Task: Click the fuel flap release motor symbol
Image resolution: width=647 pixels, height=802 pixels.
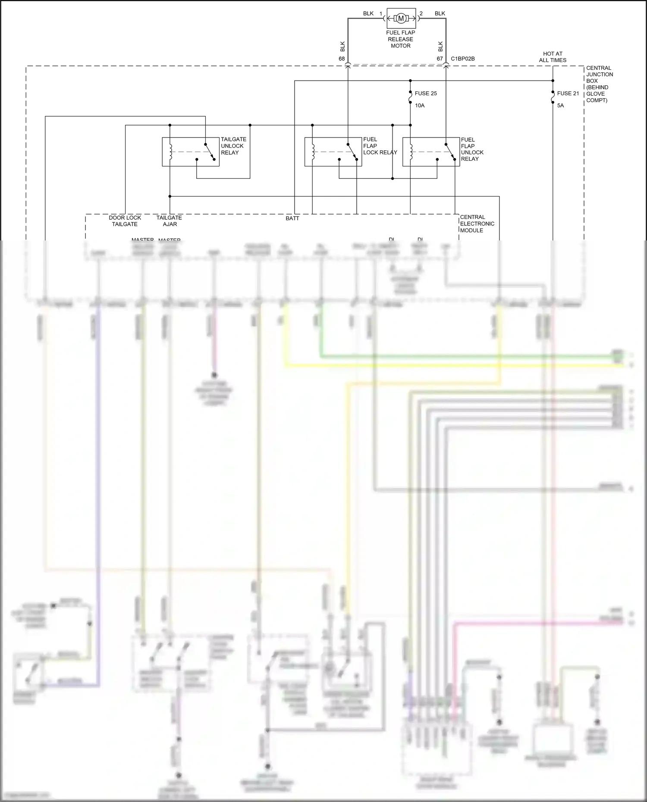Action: click(x=401, y=18)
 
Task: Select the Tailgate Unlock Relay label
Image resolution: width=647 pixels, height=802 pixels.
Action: click(x=233, y=146)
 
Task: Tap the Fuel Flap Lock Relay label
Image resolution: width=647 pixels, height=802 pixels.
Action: click(x=380, y=146)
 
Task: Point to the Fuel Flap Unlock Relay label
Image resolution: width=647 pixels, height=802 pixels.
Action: click(x=472, y=149)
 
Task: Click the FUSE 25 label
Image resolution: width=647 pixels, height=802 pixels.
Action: click(x=426, y=94)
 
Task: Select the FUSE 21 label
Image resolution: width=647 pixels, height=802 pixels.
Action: click(x=568, y=94)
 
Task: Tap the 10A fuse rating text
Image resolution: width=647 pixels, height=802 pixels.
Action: click(x=420, y=106)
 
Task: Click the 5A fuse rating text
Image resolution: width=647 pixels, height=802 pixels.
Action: click(x=560, y=106)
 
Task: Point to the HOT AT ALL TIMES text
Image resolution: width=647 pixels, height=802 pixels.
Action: click(x=553, y=57)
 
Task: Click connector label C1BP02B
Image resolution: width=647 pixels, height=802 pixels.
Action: click(x=462, y=59)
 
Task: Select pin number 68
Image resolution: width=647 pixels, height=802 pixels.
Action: click(x=342, y=59)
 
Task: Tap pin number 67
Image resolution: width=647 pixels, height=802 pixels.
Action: click(x=440, y=59)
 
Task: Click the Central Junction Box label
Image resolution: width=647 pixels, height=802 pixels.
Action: click(x=599, y=84)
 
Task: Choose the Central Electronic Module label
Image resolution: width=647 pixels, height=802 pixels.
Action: click(x=477, y=224)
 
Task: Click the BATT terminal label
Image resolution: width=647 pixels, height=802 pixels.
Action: click(x=292, y=218)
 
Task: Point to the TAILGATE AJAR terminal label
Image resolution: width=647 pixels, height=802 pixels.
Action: click(x=169, y=221)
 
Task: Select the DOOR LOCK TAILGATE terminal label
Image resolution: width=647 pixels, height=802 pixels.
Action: click(x=125, y=221)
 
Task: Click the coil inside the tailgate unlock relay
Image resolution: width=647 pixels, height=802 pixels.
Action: click(x=170, y=152)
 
